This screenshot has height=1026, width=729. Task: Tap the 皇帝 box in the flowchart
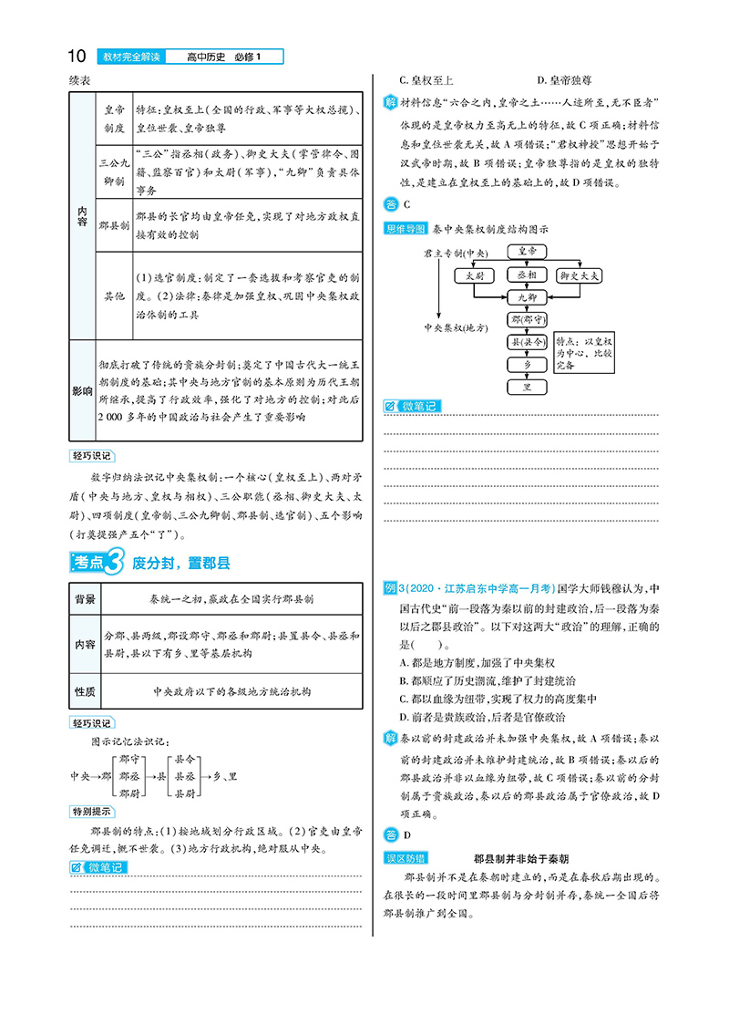pyautogui.click(x=528, y=250)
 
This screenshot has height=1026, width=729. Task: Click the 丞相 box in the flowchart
pyautogui.click(x=528, y=275)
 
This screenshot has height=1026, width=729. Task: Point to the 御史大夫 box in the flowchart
pyautogui.click(x=579, y=275)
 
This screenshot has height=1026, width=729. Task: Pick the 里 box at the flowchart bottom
pyautogui.click(x=528, y=388)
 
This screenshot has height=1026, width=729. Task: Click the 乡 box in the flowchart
pyautogui.click(x=528, y=365)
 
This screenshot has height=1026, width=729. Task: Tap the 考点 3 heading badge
pyautogui.click(x=96, y=563)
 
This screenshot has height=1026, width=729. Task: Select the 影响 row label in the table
pyautogui.click(x=83, y=390)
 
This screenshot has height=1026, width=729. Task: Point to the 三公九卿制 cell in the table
pyautogui.click(x=114, y=170)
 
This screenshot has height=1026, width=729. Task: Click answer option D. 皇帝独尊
pyautogui.click(x=575, y=80)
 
